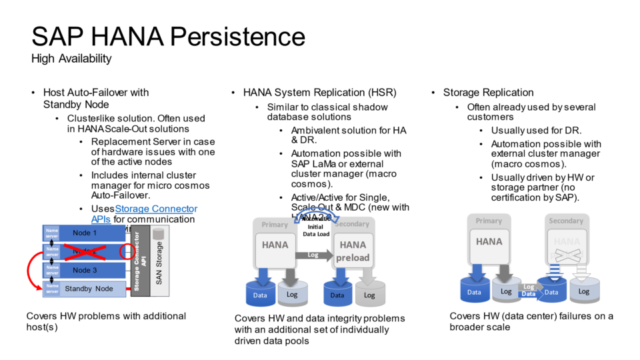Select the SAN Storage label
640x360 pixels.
159,263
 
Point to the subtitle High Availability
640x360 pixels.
71,59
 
